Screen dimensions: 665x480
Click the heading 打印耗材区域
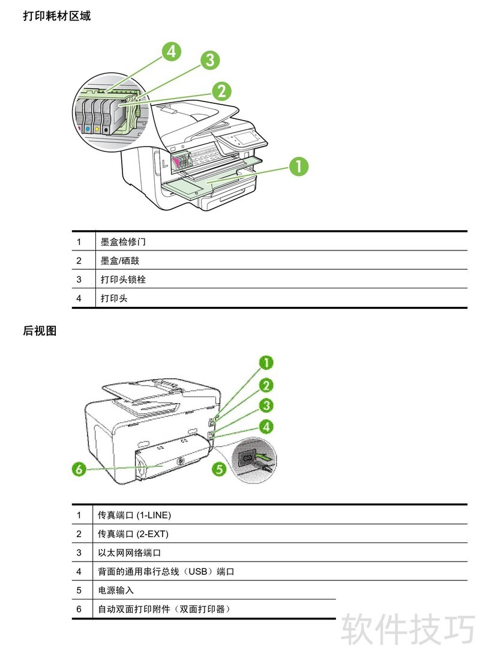[x=56, y=16]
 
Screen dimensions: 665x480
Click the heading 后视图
[x=40, y=330]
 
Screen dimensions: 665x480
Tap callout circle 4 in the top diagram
[x=172, y=52]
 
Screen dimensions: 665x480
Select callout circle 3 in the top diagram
[x=209, y=59]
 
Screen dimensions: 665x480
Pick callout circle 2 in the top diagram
[x=221, y=91]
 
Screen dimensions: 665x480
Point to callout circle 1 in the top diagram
[x=299, y=166]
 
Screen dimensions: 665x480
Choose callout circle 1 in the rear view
[x=266, y=362]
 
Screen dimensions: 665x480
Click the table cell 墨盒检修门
[x=123, y=242]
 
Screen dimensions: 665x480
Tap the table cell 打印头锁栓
[x=123, y=279]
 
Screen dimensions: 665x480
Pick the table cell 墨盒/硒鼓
[x=120, y=261]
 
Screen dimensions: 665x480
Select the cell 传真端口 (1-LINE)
[x=135, y=515]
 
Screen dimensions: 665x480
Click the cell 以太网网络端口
[x=130, y=553]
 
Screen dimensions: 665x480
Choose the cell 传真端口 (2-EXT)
[x=134, y=533]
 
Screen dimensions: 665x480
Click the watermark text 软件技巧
[x=408, y=629]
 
